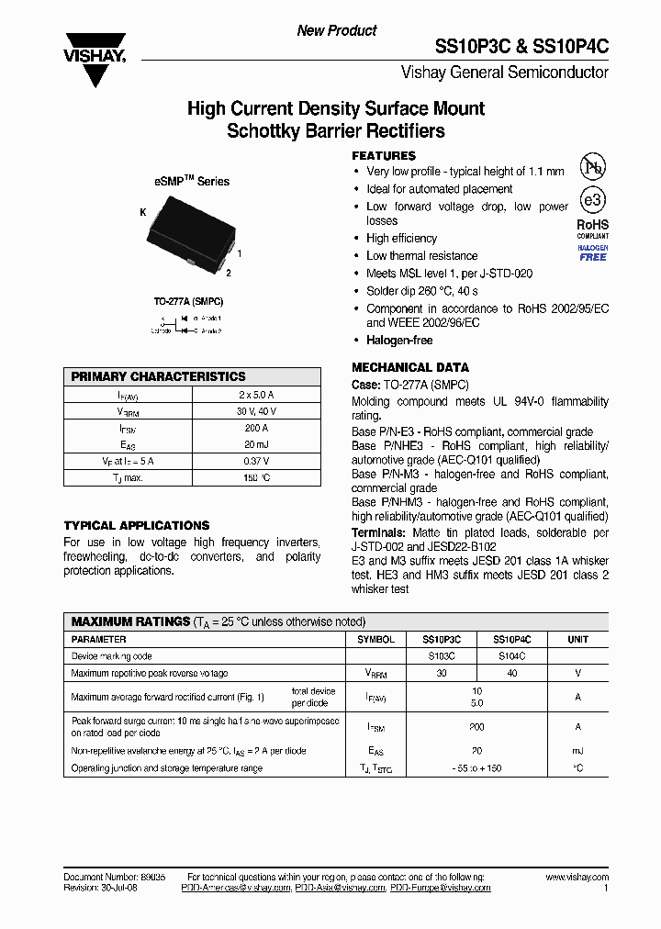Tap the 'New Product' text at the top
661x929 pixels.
(337, 30)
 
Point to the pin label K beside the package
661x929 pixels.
(143, 212)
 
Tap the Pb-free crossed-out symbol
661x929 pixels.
(593, 168)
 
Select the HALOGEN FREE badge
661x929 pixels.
(593, 253)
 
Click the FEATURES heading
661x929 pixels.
(384, 156)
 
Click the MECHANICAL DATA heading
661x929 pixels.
(410, 367)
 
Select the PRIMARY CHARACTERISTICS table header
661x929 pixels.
(158, 376)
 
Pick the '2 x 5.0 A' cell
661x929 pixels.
(256, 395)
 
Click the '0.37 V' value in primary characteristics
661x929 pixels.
(256, 461)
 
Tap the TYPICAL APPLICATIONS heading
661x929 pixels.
(137, 525)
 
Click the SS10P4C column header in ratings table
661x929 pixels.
(512, 639)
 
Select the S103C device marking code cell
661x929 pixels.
(442, 656)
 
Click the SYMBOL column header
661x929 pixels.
(375, 639)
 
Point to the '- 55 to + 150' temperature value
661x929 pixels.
(476, 768)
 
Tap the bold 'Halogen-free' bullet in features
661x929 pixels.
(399, 341)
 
